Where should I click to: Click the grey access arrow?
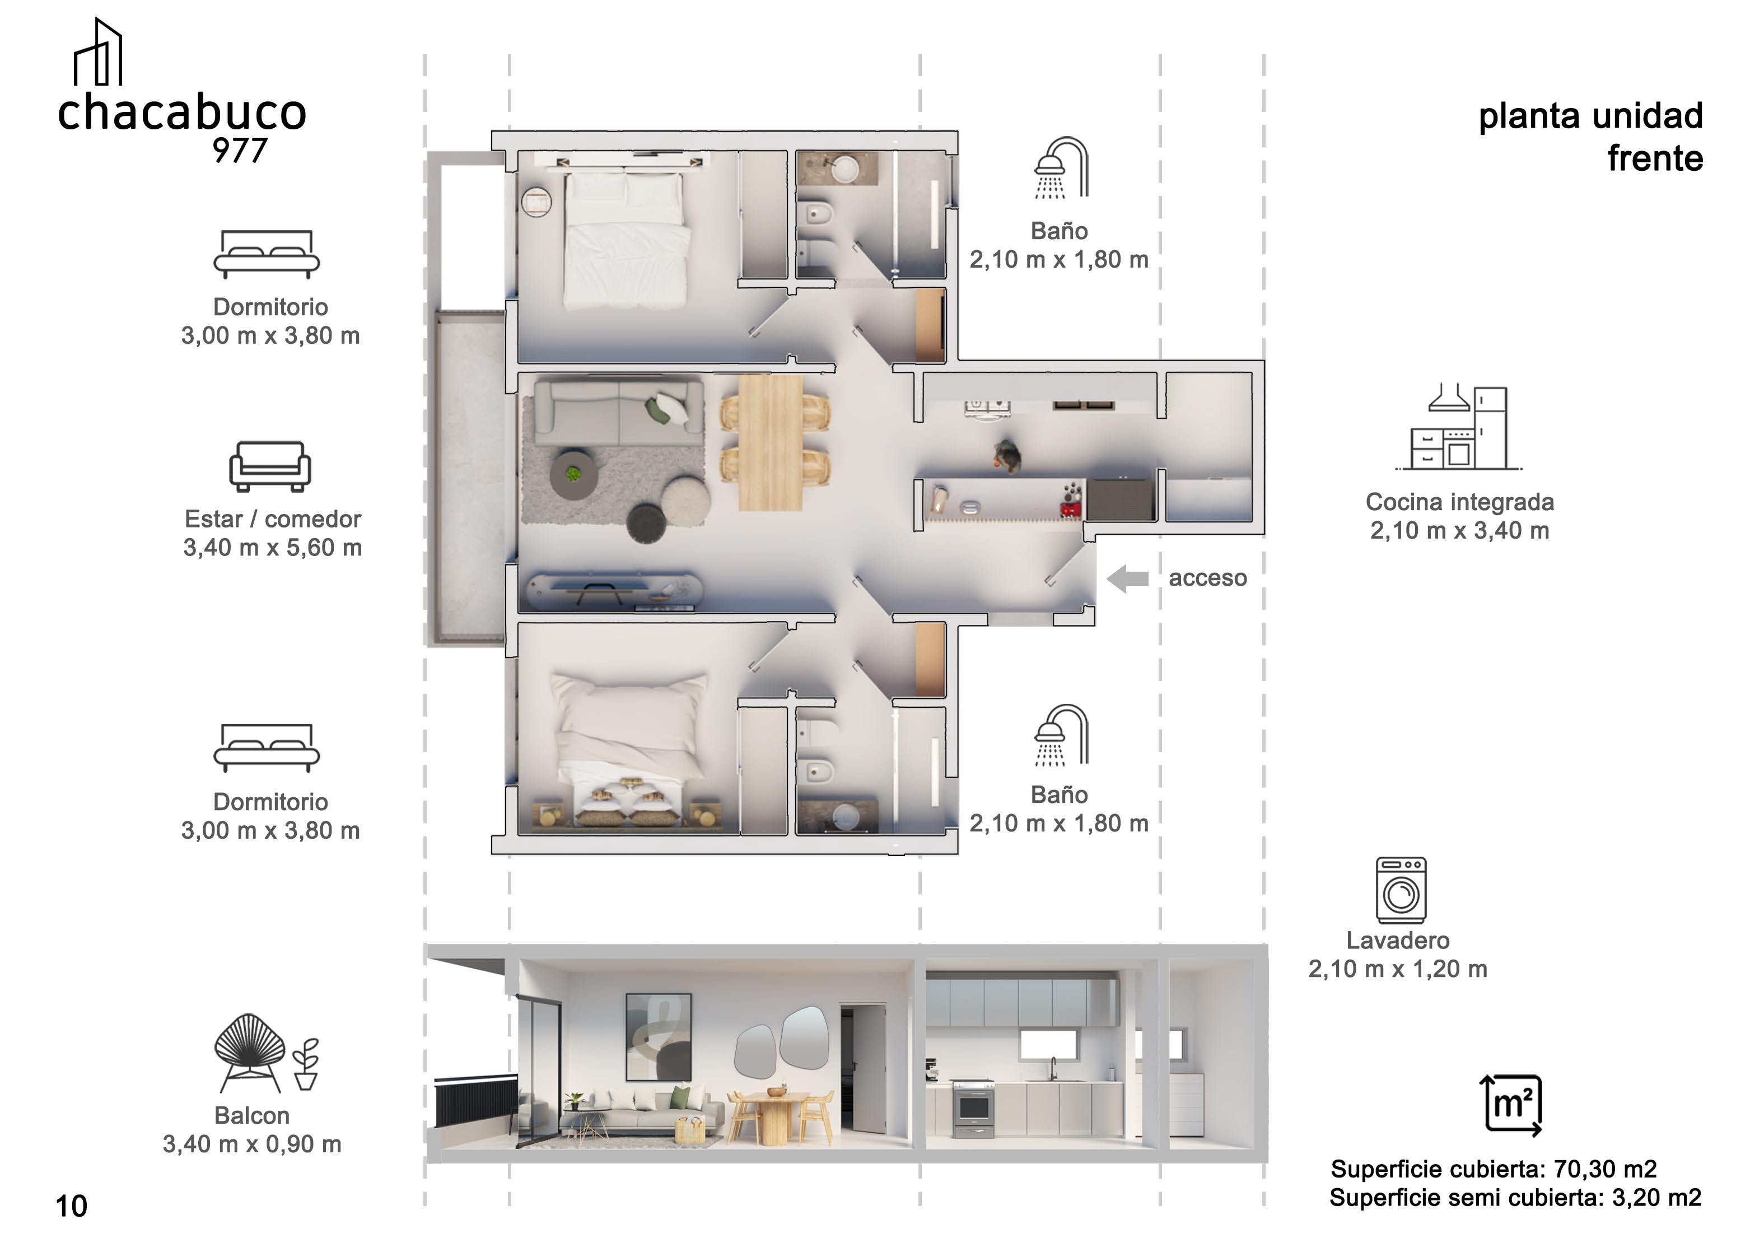pos(1127,578)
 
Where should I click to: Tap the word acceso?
pos(1208,578)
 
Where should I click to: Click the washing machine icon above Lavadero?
pos(1401,890)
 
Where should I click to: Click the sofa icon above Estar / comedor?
pos(270,466)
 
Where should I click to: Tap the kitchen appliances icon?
pos(1458,427)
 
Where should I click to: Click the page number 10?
pos(72,1206)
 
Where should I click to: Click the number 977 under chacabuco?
pos(240,151)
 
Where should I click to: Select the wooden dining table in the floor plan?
pos(771,442)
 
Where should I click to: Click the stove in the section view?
pos(973,1109)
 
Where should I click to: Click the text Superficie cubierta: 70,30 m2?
pos(1494,1169)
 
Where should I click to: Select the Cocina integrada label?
pos(1460,502)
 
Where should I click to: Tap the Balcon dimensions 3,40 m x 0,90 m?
pos(252,1144)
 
